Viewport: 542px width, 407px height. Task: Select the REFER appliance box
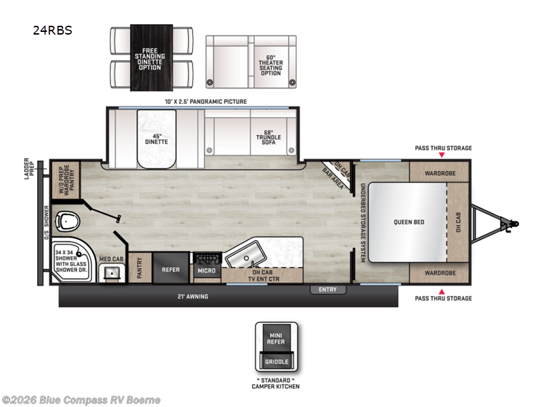tap(170, 269)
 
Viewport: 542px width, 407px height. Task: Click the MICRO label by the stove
tap(207, 271)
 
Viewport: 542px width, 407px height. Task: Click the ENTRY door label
tap(328, 290)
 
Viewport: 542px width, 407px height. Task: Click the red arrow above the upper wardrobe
tap(443, 155)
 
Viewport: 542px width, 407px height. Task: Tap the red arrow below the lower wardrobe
tap(443, 290)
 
